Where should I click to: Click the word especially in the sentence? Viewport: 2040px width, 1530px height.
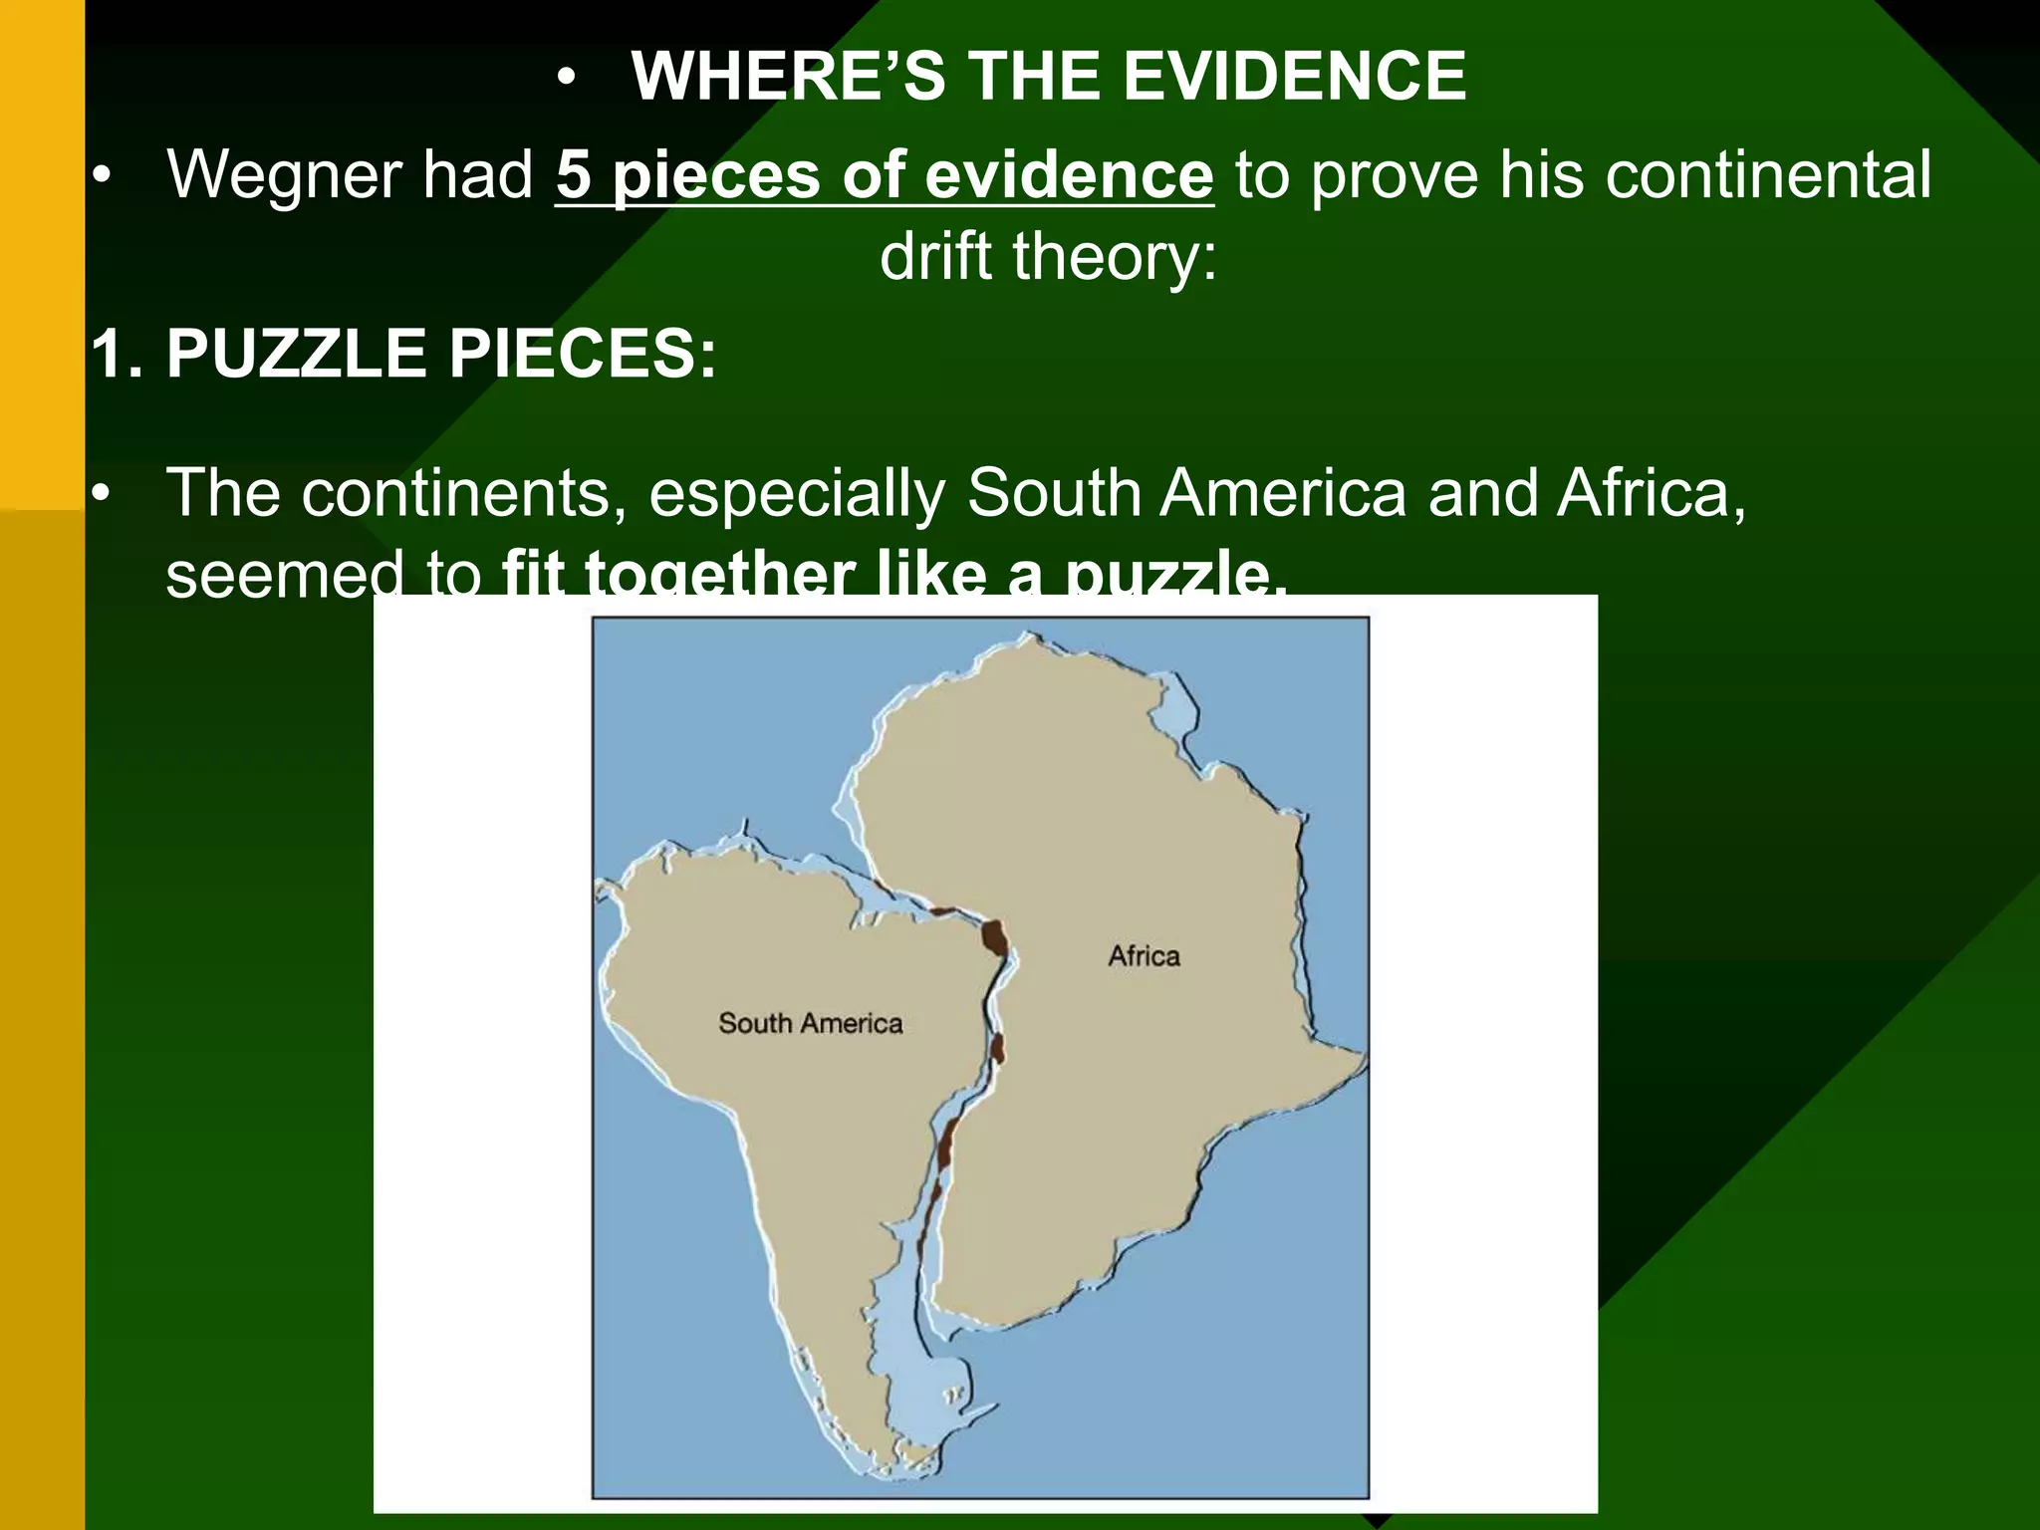coord(797,493)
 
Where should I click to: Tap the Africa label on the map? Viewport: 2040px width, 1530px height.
coord(1144,956)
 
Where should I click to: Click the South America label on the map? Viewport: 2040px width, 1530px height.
coord(810,1023)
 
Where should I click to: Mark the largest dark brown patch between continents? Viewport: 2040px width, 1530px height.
coord(994,937)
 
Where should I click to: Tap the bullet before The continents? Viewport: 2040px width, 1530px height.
coord(100,495)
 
